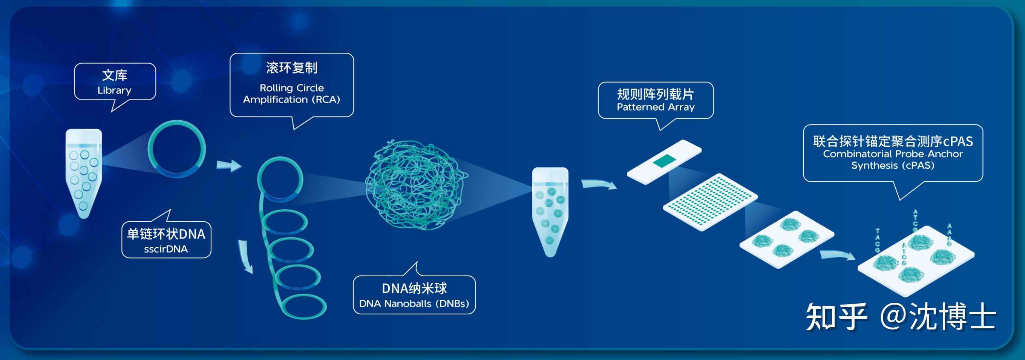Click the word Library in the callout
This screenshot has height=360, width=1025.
[x=114, y=90]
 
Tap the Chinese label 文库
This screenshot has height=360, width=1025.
[x=115, y=75]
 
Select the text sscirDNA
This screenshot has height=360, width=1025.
[x=166, y=249]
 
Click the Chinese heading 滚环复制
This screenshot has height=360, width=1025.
[x=292, y=68]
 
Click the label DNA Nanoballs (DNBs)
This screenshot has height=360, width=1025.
[x=414, y=303]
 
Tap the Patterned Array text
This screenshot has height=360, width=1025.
[x=655, y=107]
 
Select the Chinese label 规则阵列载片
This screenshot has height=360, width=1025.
[x=655, y=94]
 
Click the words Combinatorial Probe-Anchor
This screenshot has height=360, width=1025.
[x=893, y=154]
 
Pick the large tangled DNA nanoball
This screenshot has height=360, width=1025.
[x=416, y=185]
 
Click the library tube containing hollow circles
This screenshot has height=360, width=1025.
[x=84, y=173]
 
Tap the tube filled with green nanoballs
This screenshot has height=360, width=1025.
[x=550, y=211]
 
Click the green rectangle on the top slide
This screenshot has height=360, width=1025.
[x=665, y=161]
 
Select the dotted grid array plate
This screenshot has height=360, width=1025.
[x=710, y=202]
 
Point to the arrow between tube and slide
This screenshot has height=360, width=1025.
[x=598, y=185]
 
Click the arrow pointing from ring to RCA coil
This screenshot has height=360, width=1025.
[x=229, y=165]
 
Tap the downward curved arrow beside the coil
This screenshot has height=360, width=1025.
[x=246, y=257]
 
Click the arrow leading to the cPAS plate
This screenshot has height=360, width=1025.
[x=837, y=255]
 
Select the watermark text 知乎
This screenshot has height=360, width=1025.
[x=836, y=317]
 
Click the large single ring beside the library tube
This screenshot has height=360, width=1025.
[x=177, y=149]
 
